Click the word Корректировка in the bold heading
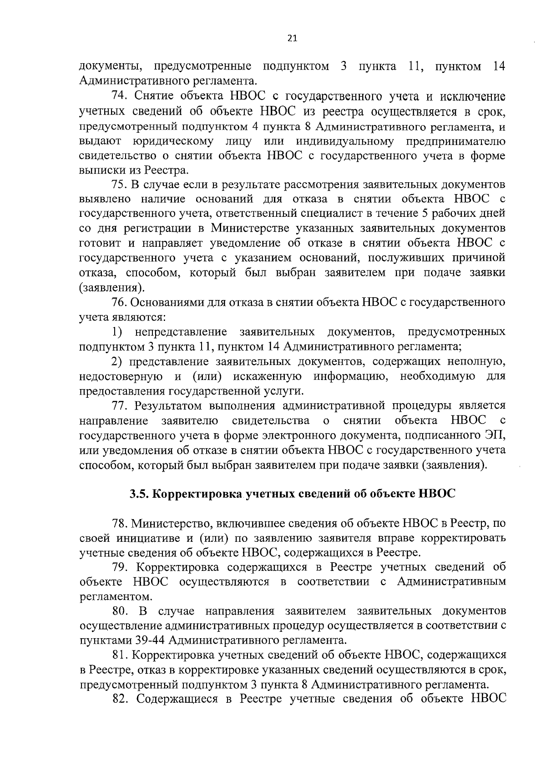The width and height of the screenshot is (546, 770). point(196,494)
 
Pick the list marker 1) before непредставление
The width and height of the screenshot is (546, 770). point(117,332)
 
